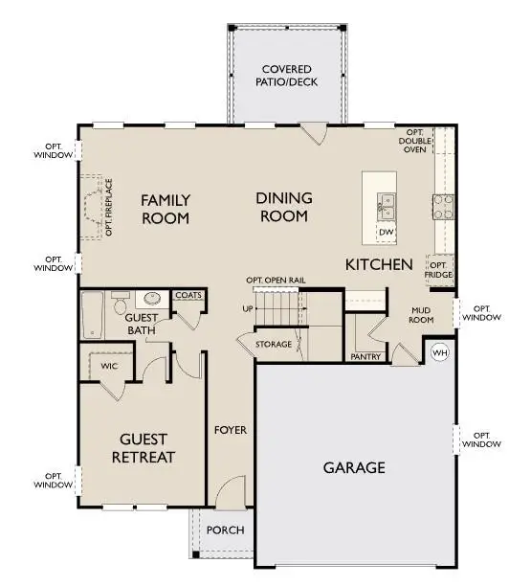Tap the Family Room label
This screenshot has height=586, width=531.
(166, 209)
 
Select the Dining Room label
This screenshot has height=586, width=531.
(284, 207)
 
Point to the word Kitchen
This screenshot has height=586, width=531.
(379, 263)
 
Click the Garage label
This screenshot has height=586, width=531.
(353, 467)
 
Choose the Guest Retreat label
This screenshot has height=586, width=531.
(147, 448)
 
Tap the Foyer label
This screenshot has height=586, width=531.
(231, 430)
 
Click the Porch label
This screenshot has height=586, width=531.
(226, 530)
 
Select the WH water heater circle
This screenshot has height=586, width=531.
(440, 351)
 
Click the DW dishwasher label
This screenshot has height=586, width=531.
(387, 233)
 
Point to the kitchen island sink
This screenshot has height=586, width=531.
(387, 203)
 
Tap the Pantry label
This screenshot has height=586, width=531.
(365, 356)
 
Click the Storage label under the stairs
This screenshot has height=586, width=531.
(274, 344)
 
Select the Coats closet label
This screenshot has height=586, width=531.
(188, 296)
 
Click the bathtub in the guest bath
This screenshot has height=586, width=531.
(93, 315)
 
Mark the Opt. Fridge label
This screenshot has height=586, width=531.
(439, 269)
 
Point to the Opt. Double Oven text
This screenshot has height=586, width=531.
(415, 142)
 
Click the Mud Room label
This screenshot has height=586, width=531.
(423, 315)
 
